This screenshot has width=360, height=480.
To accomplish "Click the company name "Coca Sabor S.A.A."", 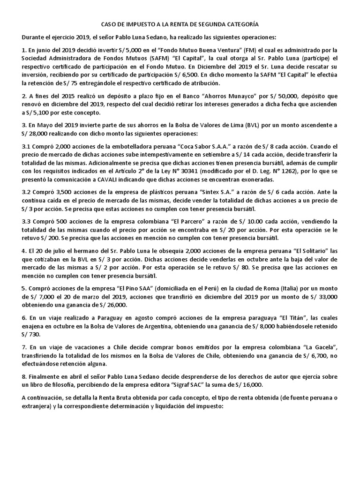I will click(201, 147).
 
